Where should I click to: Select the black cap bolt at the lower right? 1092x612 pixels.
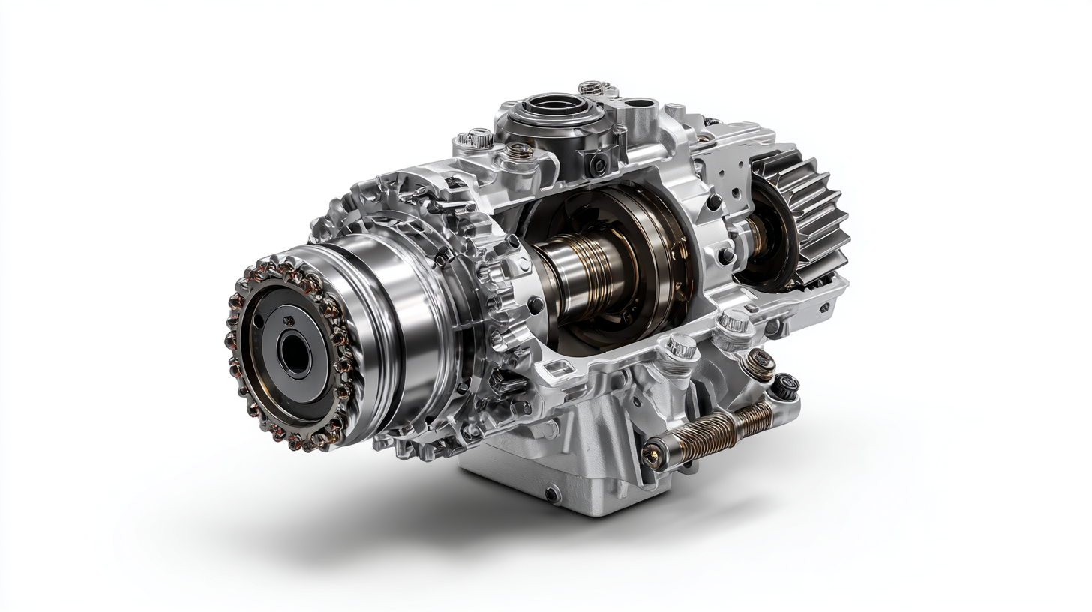[x=785, y=385]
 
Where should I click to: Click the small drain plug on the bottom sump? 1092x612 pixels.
[x=552, y=493]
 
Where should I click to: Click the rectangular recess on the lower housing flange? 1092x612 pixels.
[x=557, y=368]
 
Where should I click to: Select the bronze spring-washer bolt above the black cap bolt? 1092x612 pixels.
[x=759, y=361]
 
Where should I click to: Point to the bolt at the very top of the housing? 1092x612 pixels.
[x=590, y=88]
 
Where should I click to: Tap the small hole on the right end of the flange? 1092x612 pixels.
[x=824, y=307]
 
